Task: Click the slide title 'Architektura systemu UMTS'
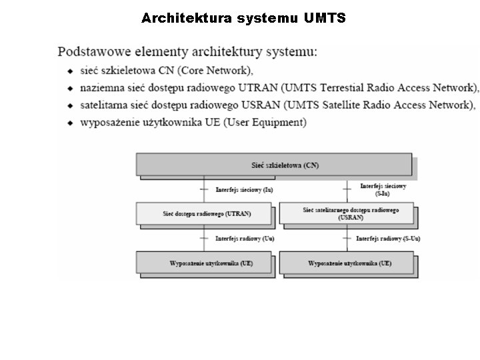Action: pos(243,18)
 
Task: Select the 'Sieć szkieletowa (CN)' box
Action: pos(274,165)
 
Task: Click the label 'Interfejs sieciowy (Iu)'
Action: pos(244,190)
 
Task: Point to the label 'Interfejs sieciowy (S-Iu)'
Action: pos(383,189)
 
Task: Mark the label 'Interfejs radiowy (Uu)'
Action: pos(245,238)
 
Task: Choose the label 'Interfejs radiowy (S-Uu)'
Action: pos(388,238)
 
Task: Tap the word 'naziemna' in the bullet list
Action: pos(103,87)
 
